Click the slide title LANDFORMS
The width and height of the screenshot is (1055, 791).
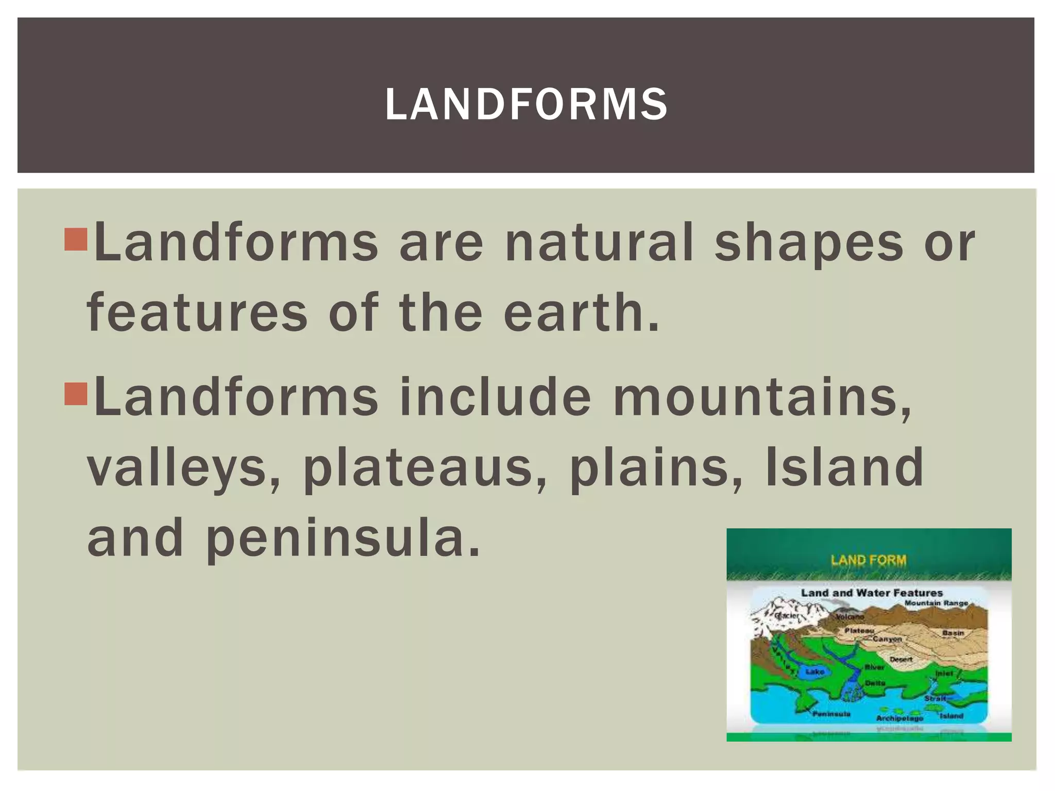tap(526, 105)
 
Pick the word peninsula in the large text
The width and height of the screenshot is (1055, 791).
tap(343, 539)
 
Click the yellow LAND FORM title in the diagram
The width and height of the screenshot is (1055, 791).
tap(869, 560)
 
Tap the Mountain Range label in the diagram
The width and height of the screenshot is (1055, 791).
tap(937, 603)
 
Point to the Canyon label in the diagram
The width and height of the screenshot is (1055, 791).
tap(887, 639)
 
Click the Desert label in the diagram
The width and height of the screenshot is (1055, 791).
tap(901, 659)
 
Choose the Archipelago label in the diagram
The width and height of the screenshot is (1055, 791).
tap(899, 718)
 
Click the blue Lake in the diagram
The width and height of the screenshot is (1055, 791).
tap(815, 672)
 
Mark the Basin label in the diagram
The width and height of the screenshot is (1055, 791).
tap(953, 632)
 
